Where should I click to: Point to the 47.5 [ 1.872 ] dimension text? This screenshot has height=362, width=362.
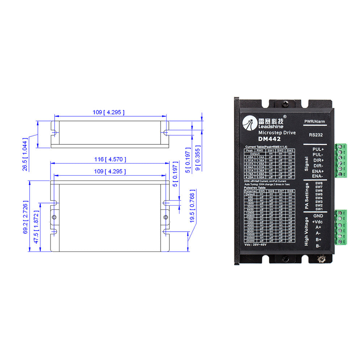[x=36, y=227]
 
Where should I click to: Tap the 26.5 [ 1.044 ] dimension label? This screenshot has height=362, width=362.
[x=25, y=154]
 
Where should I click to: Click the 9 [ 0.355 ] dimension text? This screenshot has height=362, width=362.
[x=198, y=160]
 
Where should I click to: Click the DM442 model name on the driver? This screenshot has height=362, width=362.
[x=270, y=139]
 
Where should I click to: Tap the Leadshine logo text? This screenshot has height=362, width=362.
[x=271, y=126]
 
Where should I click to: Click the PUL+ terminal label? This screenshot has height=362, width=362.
[x=318, y=149]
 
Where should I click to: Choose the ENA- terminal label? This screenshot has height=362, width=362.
[x=318, y=176]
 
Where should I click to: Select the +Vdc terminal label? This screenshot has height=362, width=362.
[x=317, y=222]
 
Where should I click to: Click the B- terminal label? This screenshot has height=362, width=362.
[x=318, y=246]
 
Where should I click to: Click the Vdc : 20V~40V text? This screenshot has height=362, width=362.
[x=256, y=245]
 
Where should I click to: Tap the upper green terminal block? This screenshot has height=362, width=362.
[x=341, y=160]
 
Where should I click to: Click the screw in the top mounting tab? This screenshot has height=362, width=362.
[x=286, y=104]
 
